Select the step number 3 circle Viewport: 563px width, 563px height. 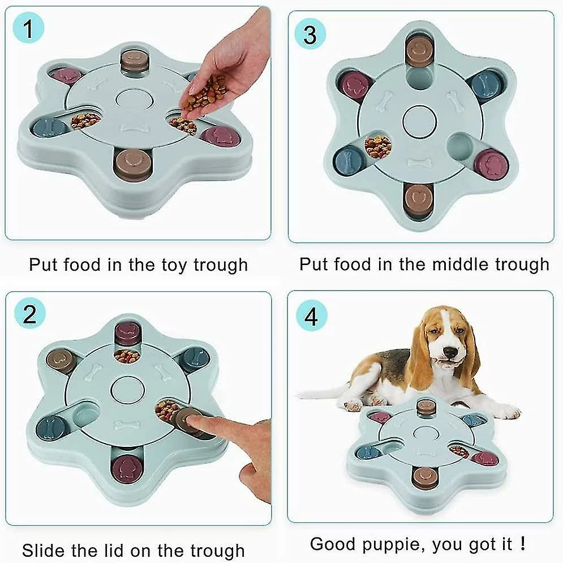[x=310, y=35]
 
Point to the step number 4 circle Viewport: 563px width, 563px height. [x=311, y=318]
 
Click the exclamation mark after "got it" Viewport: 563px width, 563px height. [x=522, y=544]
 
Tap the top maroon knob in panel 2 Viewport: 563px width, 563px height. [x=127, y=333]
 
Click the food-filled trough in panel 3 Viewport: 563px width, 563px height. [x=377, y=146]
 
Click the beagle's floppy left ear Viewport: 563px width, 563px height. [x=419, y=355]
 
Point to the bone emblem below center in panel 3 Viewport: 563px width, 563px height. [x=420, y=163]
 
